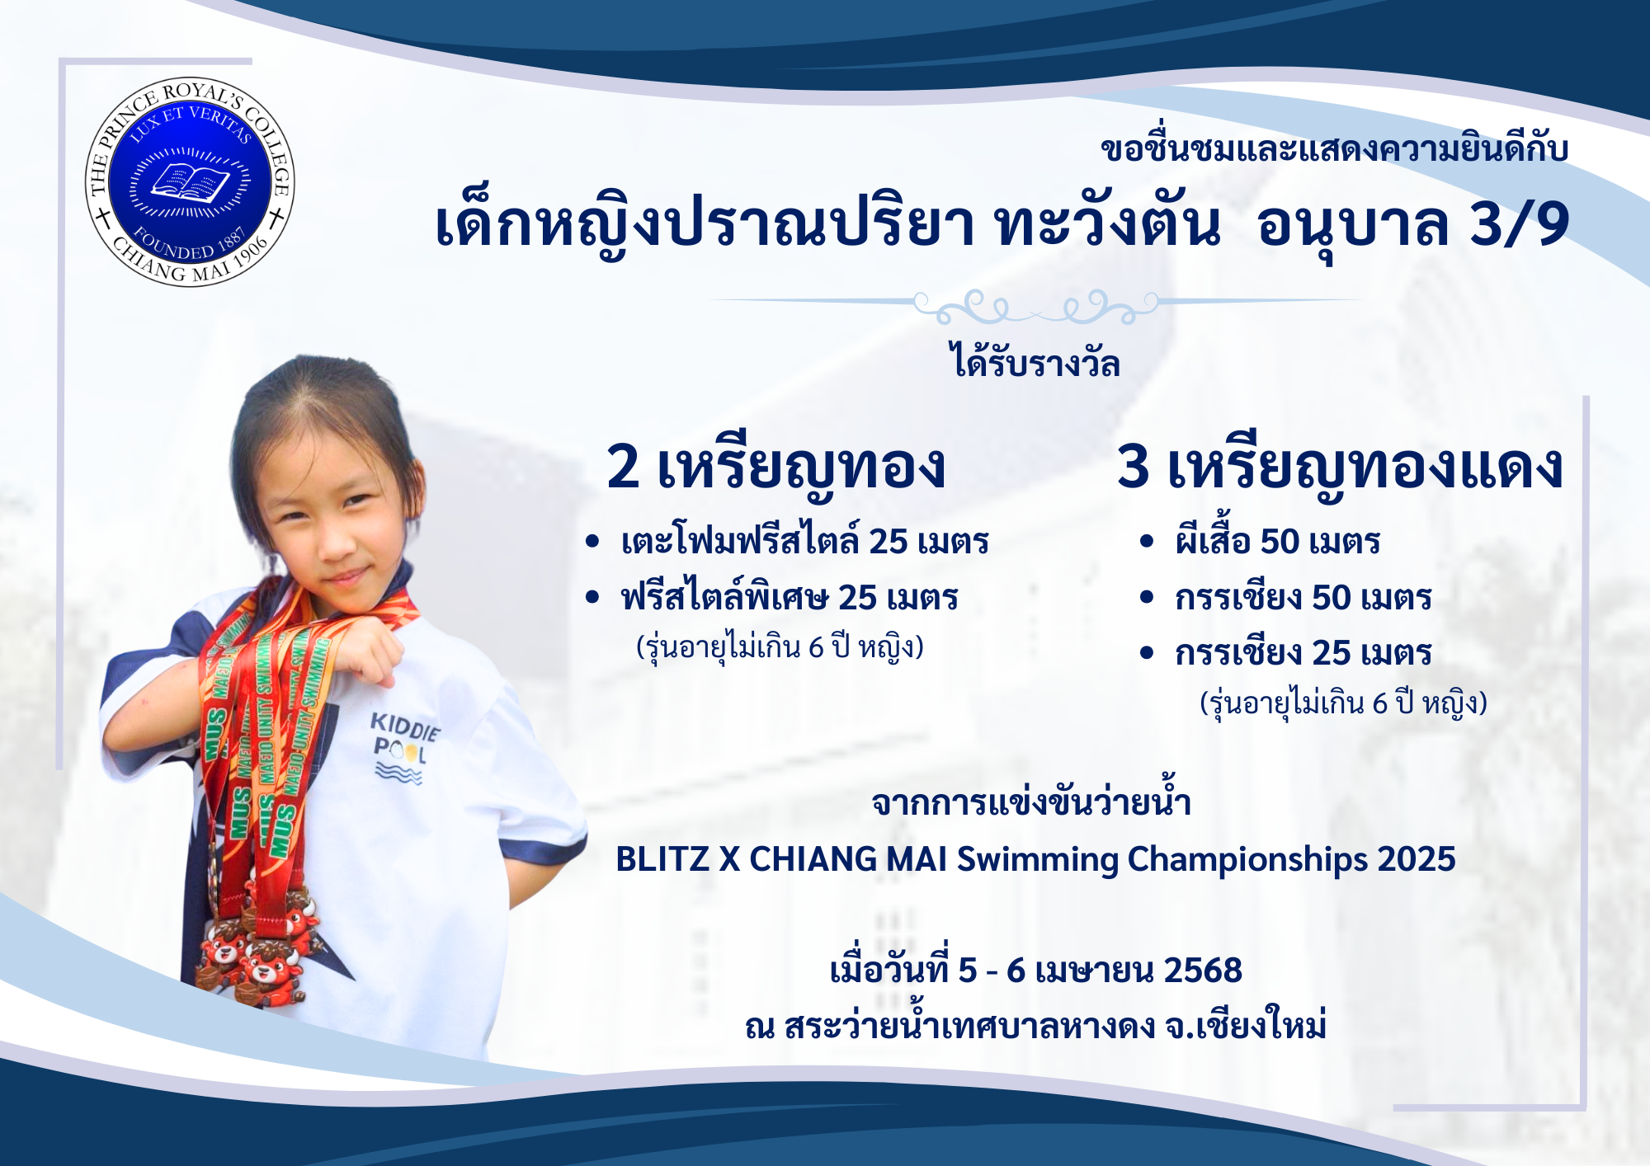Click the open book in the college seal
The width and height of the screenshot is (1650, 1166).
190,182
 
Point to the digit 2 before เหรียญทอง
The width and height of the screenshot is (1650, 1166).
623,467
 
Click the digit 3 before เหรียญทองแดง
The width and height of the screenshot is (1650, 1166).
1134,467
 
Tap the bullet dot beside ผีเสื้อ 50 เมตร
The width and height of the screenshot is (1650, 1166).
1146,542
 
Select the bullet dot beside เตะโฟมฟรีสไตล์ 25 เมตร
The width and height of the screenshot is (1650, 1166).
592,542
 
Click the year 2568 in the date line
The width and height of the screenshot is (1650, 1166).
1202,971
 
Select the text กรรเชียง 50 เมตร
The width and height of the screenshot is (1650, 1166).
1303,598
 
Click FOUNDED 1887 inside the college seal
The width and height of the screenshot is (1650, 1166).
191,244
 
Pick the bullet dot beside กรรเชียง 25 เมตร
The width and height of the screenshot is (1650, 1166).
1146,653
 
